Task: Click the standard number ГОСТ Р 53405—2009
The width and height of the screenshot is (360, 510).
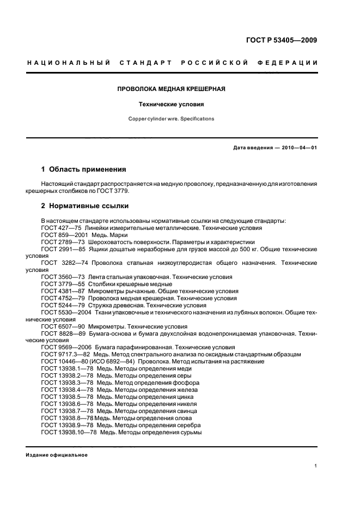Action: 280,40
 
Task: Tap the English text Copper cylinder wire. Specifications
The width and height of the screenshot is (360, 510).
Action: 171,118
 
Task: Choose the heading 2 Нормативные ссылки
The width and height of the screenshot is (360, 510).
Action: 85,207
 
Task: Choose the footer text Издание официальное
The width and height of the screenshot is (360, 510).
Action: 57,455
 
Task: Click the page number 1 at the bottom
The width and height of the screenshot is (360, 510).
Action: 316,466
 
